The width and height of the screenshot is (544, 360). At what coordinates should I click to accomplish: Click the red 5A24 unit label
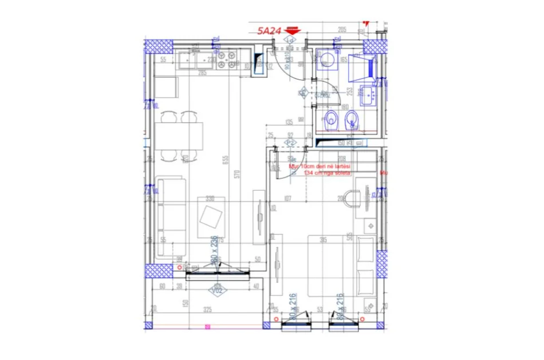[269, 31]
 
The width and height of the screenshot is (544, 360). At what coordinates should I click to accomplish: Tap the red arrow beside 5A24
[293, 31]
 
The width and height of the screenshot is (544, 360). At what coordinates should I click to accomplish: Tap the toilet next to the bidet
[330, 121]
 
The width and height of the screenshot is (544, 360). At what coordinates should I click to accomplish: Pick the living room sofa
[172, 217]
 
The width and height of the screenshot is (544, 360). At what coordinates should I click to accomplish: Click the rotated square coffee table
[211, 217]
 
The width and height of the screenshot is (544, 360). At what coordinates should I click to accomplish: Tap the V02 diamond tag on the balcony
[216, 290]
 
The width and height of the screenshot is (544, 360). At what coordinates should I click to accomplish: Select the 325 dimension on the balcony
[207, 310]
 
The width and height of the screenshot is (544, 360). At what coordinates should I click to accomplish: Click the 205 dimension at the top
[342, 29]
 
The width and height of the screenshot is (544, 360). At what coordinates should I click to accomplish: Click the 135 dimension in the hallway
[289, 122]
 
